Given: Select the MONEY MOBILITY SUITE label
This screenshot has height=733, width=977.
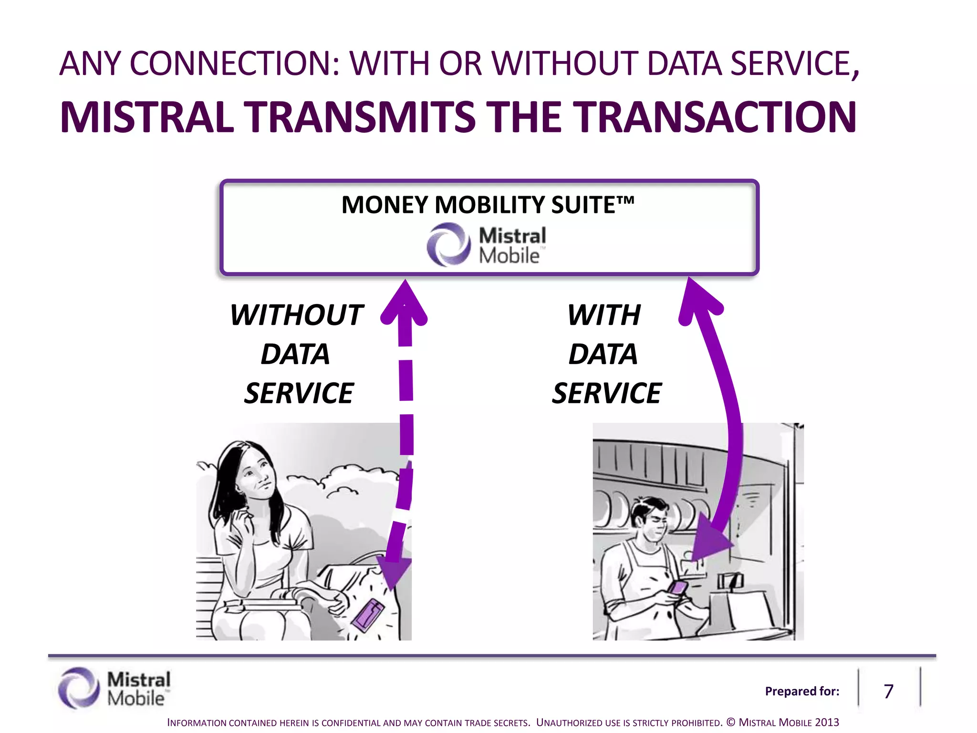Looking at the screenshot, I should pos(488,205).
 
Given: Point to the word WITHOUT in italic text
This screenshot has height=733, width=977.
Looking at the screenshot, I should pos(297,315).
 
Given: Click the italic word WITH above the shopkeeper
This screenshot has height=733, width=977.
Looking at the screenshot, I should pos(604,315).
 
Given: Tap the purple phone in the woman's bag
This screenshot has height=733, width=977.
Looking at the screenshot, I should pos(368,616).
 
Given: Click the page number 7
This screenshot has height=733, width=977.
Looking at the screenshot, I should pos(888,691).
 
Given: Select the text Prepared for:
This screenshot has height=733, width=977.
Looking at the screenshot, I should pos(802,691).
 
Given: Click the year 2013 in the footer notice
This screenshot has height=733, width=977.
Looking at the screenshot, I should pos(827,722).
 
